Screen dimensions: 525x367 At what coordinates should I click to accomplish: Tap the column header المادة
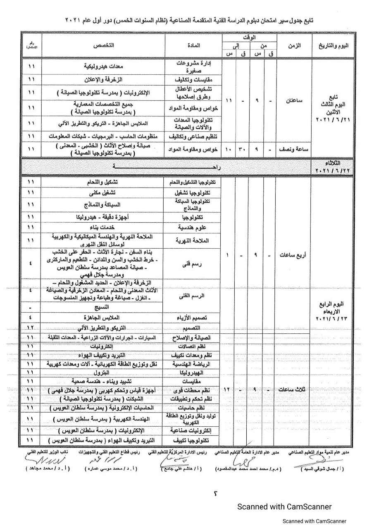tap(193, 45)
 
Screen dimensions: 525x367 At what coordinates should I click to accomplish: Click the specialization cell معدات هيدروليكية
tap(103, 66)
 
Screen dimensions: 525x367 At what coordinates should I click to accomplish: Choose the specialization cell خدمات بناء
tap(103, 227)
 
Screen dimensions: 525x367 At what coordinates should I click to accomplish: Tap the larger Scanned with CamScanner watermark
tap(284, 506)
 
